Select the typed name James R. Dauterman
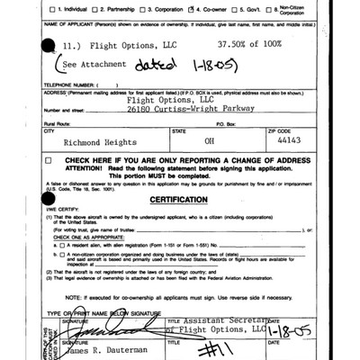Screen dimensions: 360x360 tap(112, 348)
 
